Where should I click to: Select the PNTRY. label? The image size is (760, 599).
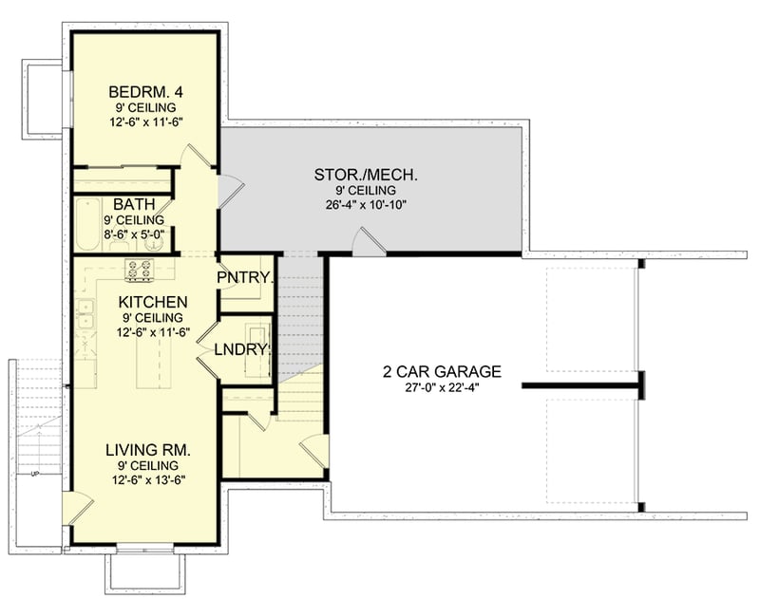(x=245, y=278)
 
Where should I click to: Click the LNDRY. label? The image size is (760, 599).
(x=243, y=348)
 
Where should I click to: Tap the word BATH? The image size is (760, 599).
(x=128, y=204)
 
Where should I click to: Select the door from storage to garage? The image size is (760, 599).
(x=366, y=242)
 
